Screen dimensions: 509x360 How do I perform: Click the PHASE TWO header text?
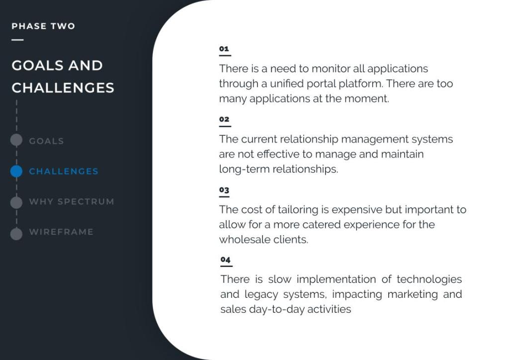tap(43, 26)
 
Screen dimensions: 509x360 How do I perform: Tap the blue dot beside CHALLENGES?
tap(16, 171)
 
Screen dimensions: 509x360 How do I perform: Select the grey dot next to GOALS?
tap(16, 140)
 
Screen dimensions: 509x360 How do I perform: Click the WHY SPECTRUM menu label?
tap(72, 201)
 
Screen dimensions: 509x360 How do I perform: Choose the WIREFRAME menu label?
tap(61, 232)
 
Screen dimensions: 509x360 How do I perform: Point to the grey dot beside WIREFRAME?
tap(16, 234)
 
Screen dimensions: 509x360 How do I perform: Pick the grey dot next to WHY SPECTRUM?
tap(16, 202)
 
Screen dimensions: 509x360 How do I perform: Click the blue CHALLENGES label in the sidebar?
tap(64, 171)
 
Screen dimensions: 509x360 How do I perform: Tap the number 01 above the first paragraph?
tap(224, 49)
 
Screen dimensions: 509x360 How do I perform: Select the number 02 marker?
tap(224, 119)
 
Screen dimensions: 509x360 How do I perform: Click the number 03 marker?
tap(224, 189)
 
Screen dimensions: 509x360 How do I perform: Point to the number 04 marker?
tap(225, 260)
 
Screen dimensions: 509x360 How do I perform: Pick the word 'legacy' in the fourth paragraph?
tap(261, 294)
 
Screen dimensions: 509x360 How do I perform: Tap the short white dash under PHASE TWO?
tap(17, 40)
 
